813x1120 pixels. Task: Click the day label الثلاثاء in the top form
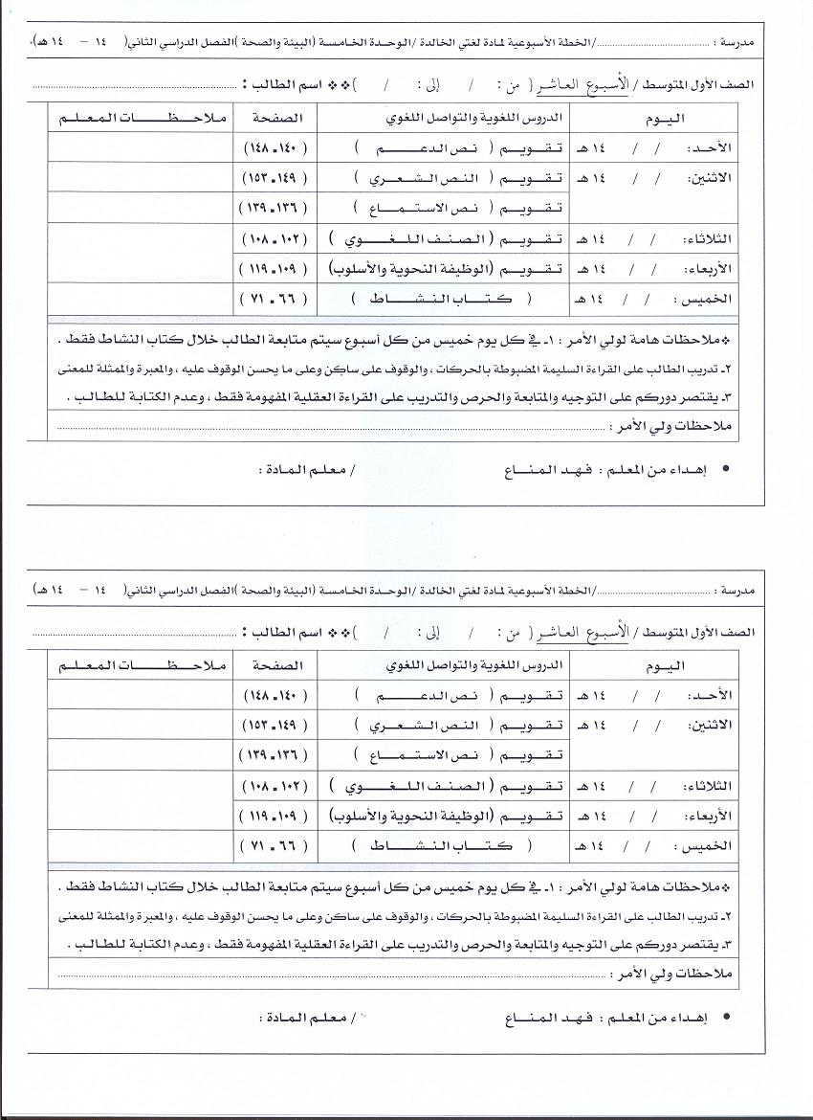click(x=712, y=238)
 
